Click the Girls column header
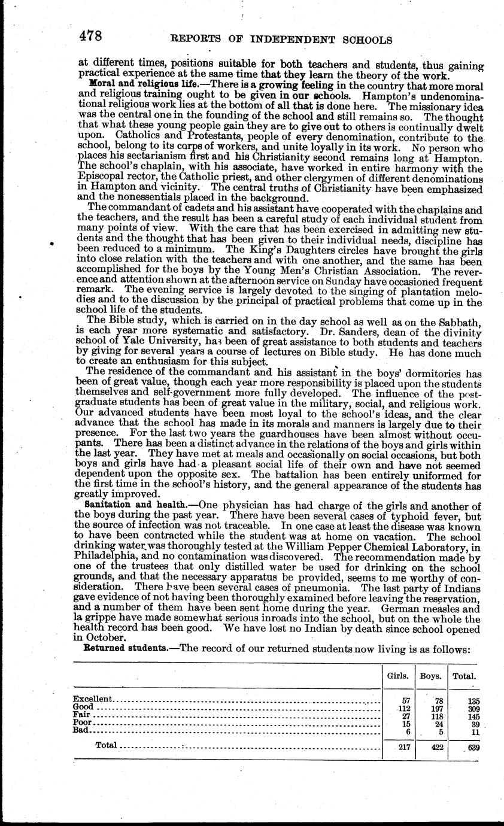pos(398,676)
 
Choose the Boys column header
pos(430,676)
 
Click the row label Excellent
pos(92,699)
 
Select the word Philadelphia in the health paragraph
pos(110,555)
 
